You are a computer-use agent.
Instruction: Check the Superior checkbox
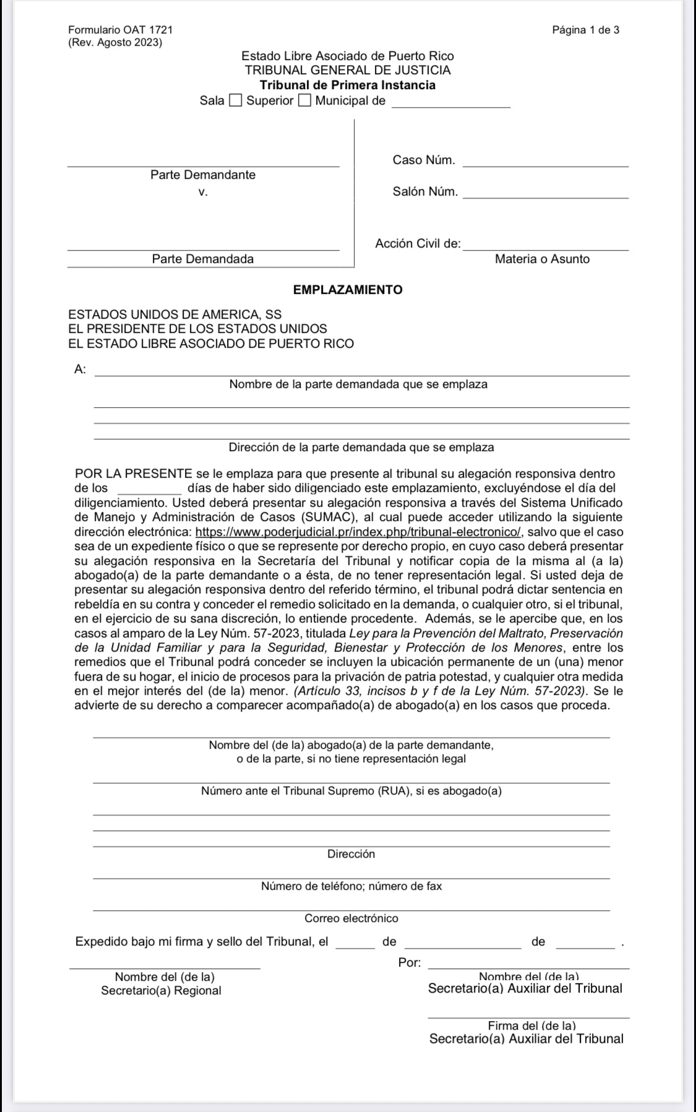(x=236, y=101)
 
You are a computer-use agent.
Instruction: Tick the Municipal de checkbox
(x=304, y=101)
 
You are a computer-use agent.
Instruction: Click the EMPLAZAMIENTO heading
(x=348, y=290)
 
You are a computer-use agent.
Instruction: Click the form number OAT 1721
(x=121, y=30)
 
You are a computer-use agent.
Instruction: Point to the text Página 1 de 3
(x=585, y=30)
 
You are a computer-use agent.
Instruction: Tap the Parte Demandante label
(x=203, y=175)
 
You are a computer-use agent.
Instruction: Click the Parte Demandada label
(x=203, y=259)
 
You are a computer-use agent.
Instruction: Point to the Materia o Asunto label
(x=542, y=259)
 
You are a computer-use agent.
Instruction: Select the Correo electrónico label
(x=351, y=918)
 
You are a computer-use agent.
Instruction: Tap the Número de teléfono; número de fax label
(x=351, y=886)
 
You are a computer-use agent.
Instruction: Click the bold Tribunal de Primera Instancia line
(x=348, y=85)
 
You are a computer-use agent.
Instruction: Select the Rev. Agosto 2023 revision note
(x=115, y=43)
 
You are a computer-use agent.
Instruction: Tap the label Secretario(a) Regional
(x=161, y=991)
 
